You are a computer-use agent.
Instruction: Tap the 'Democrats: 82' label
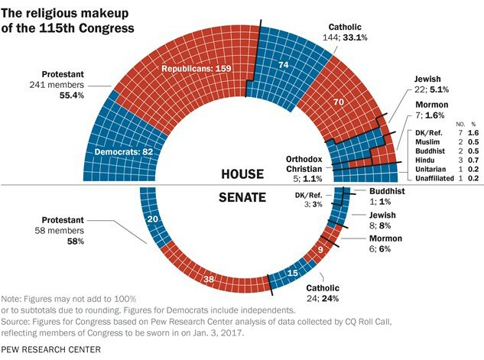(127, 151)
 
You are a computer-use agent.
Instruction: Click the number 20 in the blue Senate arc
(152, 219)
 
